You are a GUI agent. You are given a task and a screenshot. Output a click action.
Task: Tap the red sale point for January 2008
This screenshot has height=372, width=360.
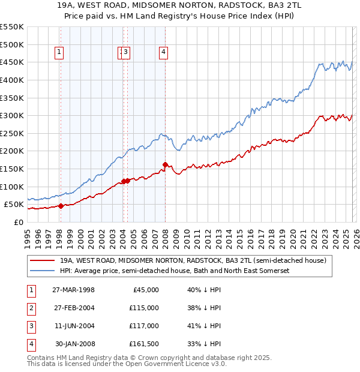coord(165,164)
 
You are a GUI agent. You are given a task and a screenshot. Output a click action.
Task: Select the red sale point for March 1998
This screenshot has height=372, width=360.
coord(61,206)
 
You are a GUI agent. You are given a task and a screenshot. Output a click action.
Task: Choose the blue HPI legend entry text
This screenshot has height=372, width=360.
coord(175,271)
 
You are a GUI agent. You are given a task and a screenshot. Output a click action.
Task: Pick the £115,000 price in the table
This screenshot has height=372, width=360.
coord(144,308)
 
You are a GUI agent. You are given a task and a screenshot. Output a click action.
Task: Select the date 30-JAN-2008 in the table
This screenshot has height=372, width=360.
coord(74,344)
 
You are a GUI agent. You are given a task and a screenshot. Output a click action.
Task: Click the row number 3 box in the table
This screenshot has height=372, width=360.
coord(30,326)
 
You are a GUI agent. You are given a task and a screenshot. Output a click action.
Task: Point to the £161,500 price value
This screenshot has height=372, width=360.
coord(144,344)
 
